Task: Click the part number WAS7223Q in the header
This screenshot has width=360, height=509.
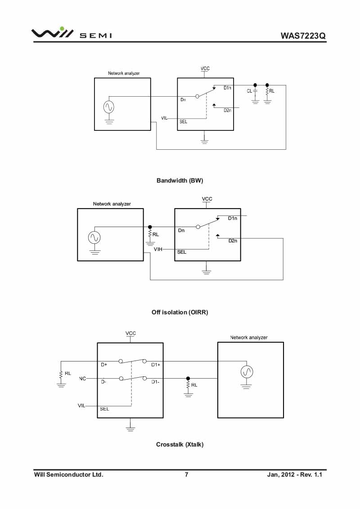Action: pos(303,36)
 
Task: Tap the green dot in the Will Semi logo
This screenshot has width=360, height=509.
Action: pos(62,29)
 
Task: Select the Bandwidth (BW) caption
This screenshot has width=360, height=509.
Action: pos(180,180)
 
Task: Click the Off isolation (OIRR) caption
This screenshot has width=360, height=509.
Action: pos(180,313)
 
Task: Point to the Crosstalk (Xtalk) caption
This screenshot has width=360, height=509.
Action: pos(180,444)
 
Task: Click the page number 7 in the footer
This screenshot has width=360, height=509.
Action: pos(186,474)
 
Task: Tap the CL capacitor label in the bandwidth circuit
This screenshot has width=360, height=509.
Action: pos(249,91)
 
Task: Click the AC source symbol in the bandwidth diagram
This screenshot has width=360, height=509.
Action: pos(109,107)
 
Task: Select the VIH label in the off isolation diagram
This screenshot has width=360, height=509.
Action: pos(158,249)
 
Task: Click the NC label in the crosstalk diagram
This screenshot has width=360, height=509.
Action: pos(82,379)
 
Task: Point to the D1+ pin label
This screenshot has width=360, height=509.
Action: pos(156,365)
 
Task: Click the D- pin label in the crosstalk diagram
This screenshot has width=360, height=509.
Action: pos(103,382)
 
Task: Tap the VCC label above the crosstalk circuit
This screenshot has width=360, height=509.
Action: pos(130,333)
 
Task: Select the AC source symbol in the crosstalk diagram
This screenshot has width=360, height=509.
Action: pos(247,372)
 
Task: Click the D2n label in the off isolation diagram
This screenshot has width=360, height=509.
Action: pos(233,241)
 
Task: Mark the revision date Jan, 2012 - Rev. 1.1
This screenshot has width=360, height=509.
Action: pos(294,474)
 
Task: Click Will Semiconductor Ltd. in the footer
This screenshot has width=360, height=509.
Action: pos(68,474)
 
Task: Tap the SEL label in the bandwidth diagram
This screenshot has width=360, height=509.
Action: pos(183,122)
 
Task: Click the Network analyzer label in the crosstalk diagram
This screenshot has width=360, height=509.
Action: pos(249,338)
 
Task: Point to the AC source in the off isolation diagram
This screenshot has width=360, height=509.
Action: pos(94,237)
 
